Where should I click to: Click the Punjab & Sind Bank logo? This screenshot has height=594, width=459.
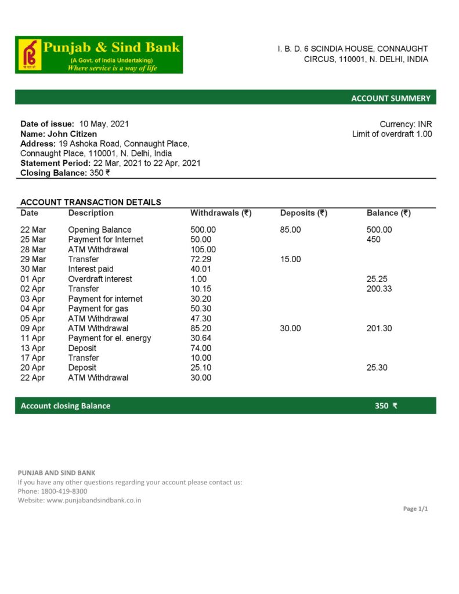click(99, 55)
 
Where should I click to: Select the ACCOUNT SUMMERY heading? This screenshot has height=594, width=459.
click(391, 98)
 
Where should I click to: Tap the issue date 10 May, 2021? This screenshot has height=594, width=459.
click(104, 124)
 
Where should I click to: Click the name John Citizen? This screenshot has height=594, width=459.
click(72, 133)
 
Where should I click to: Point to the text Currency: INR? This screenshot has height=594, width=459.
click(406, 124)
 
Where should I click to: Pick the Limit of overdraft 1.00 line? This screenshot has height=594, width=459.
click(392, 134)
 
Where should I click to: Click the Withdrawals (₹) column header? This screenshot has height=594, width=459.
click(221, 213)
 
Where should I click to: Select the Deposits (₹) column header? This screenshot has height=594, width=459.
click(303, 213)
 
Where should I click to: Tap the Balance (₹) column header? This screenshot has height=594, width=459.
click(388, 213)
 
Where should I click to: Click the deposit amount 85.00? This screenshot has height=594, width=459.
click(290, 230)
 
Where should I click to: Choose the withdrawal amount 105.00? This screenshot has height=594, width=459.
click(203, 249)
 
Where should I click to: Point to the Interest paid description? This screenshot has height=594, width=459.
click(91, 269)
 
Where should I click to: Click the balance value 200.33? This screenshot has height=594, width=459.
click(379, 289)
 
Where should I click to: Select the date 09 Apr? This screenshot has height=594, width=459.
click(32, 328)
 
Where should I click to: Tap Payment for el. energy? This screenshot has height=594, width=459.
click(109, 338)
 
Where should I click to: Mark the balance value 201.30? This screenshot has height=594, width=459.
click(379, 328)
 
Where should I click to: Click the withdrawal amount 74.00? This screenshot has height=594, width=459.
click(201, 348)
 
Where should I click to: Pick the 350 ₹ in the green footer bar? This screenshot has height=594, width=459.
click(386, 405)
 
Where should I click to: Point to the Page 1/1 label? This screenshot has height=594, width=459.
click(415, 509)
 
